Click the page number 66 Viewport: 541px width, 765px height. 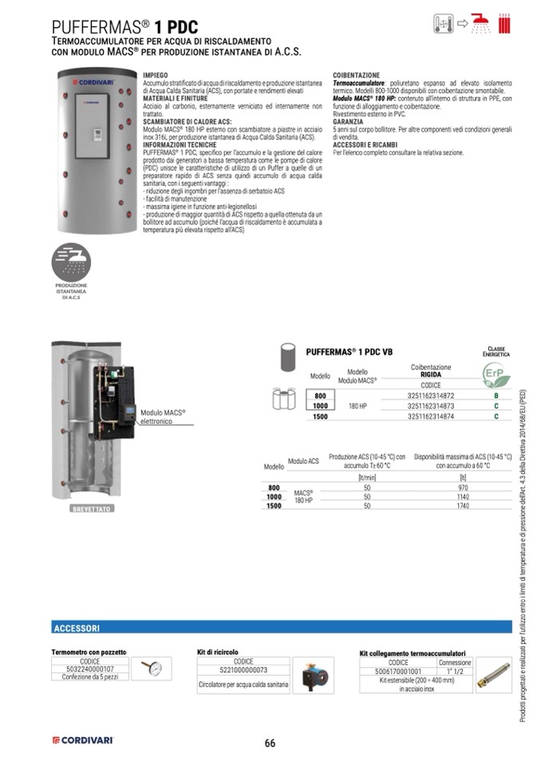tap(270, 743)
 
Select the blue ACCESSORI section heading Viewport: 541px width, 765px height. tap(77, 628)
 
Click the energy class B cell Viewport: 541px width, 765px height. tap(496, 396)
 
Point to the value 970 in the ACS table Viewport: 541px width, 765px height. tap(463, 487)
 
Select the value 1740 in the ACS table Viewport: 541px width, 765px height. tap(463, 506)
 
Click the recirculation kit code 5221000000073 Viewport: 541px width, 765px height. tap(243, 670)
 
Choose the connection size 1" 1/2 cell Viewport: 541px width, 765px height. tap(455, 672)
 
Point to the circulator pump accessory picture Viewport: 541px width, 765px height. tap(313, 675)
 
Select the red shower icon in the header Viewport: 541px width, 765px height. tap(480, 24)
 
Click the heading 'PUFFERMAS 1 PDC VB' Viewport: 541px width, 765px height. tap(349, 351)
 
